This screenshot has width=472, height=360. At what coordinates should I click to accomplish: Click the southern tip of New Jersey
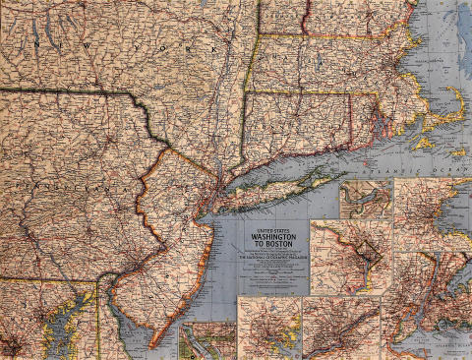[x=150, y=344]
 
